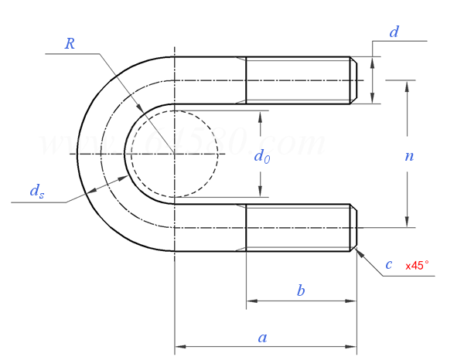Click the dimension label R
pyautogui.click(x=70, y=43)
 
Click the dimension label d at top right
pyautogui.click(x=394, y=32)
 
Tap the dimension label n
pyautogui.click(x=409, y=155)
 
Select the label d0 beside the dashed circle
pyautogui.click(x=262, y=157)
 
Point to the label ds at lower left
pyautogui.click(x=36, y=192)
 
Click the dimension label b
pyautogui.click(x=301, y=290)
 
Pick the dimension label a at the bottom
pyautogui.click(x=263, y=337)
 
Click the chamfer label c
pyautogui.click(x=389, y=265)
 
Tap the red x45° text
pyautogui.click(x=417, y=266)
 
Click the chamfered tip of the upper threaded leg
pyautogui.click(x=354, y=80)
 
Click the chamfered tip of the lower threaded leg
pyautogui.click(x=354, y=228)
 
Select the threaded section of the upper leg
pyautogui.click(x=298, y=80)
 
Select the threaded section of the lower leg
pyautogui.click(x=298, y=228)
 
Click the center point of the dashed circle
pyautogui.click(x=175, y=154)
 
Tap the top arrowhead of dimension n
pyautogui.click(x=407, y=83)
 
